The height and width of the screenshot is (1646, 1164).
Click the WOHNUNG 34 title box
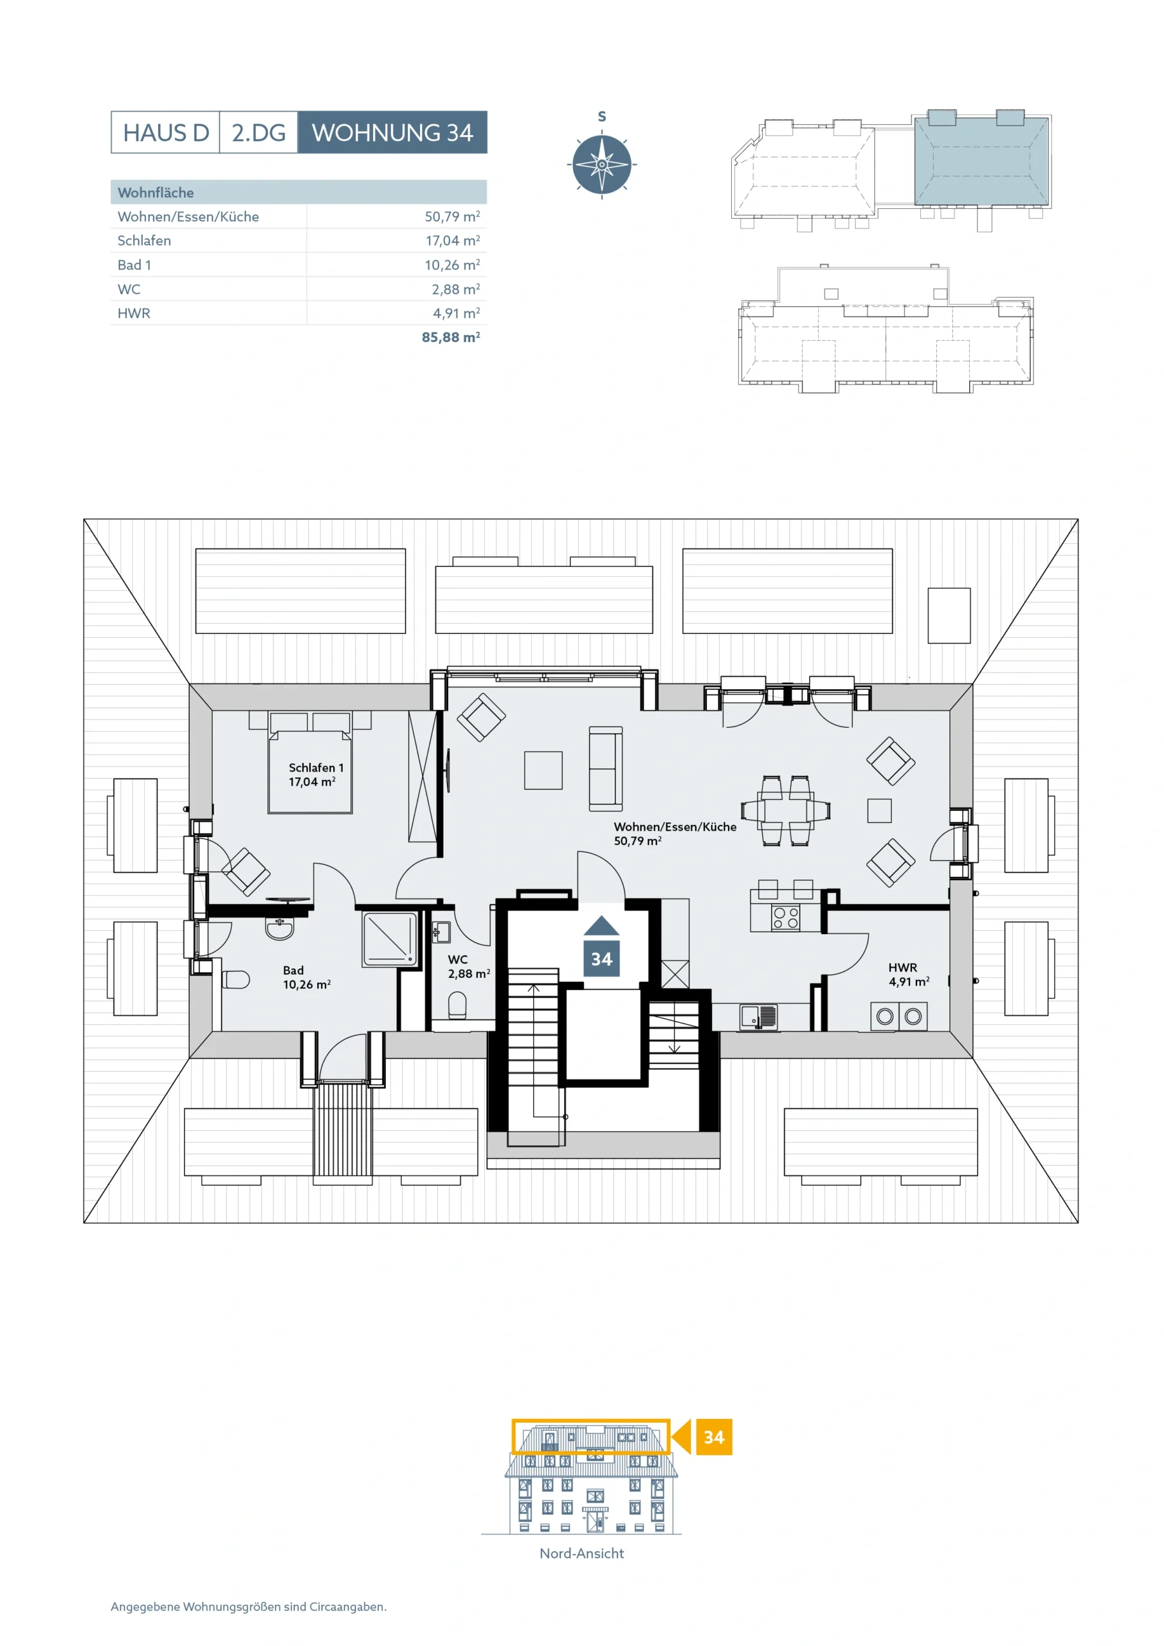tap(392, 132)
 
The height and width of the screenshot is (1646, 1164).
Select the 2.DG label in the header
tap(258, 132)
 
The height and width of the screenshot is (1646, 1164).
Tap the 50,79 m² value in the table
tap(452, 217)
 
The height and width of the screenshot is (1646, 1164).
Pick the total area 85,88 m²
tap(450, 337)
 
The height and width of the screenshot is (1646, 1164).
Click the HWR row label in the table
tap(134, 313)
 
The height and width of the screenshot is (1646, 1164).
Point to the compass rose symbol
tap(602, 164)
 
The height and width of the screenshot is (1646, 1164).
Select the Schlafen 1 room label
tap(316, 768)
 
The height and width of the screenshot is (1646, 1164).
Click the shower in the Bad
tap(390, 939)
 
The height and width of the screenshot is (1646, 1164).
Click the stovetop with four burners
tap(786, 918)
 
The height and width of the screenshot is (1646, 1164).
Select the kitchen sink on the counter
tap(758, 1017)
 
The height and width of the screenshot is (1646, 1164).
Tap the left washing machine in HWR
tap(885, 1016)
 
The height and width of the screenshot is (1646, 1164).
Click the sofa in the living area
tap(606, 769)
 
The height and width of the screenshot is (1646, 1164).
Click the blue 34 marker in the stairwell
tap(601, 946)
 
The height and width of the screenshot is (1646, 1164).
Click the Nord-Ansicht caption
tap(581, 1553)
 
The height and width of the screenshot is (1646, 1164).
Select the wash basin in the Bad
tap(280, 928)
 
